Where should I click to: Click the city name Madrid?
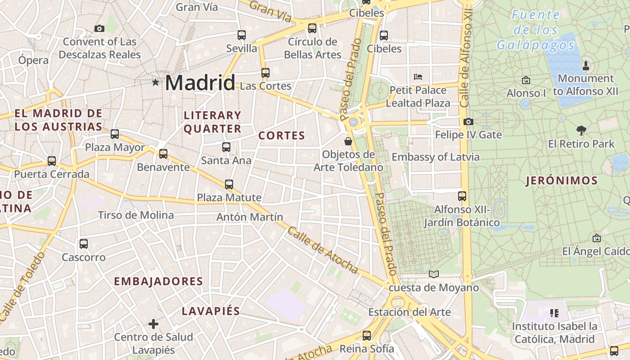[200, 83]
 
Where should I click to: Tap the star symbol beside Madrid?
[156, 82]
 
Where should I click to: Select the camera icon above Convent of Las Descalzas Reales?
[99, 29]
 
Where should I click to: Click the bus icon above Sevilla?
[242, 35]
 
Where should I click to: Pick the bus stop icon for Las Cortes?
[265, 72]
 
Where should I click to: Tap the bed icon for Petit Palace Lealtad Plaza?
[418, 76]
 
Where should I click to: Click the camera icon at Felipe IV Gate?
[468, 121]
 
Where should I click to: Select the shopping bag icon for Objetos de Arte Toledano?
[348, 141]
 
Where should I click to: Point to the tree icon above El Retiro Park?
[581, 130]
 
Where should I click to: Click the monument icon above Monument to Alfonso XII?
[585, 65]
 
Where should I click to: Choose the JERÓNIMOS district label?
[562, 181]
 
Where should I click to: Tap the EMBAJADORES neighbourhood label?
[158, 282]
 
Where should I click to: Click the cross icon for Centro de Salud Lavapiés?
[153, 324]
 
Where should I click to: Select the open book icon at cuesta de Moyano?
[433, 274]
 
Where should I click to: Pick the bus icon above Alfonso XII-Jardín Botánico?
[462, 196]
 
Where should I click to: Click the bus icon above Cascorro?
[84, 244]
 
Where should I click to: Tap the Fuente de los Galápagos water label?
[535, 30]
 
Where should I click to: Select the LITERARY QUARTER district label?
[212, 122]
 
